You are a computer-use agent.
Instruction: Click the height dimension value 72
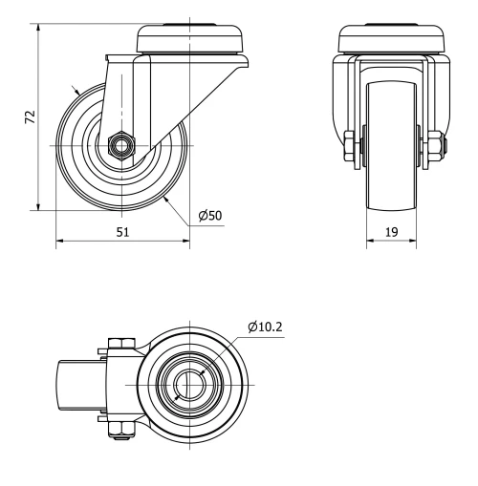[x=30, y=116]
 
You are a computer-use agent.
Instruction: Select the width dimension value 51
[x=122, y=230]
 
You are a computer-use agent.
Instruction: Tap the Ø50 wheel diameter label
[x=210, y=216]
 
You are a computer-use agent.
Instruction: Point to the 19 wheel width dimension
[x=391, y=230]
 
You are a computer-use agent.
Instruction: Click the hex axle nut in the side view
[x=121, y=145]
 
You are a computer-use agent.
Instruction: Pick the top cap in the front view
[x=391, y=39]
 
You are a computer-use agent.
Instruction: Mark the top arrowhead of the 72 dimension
[x=38, y=30]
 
